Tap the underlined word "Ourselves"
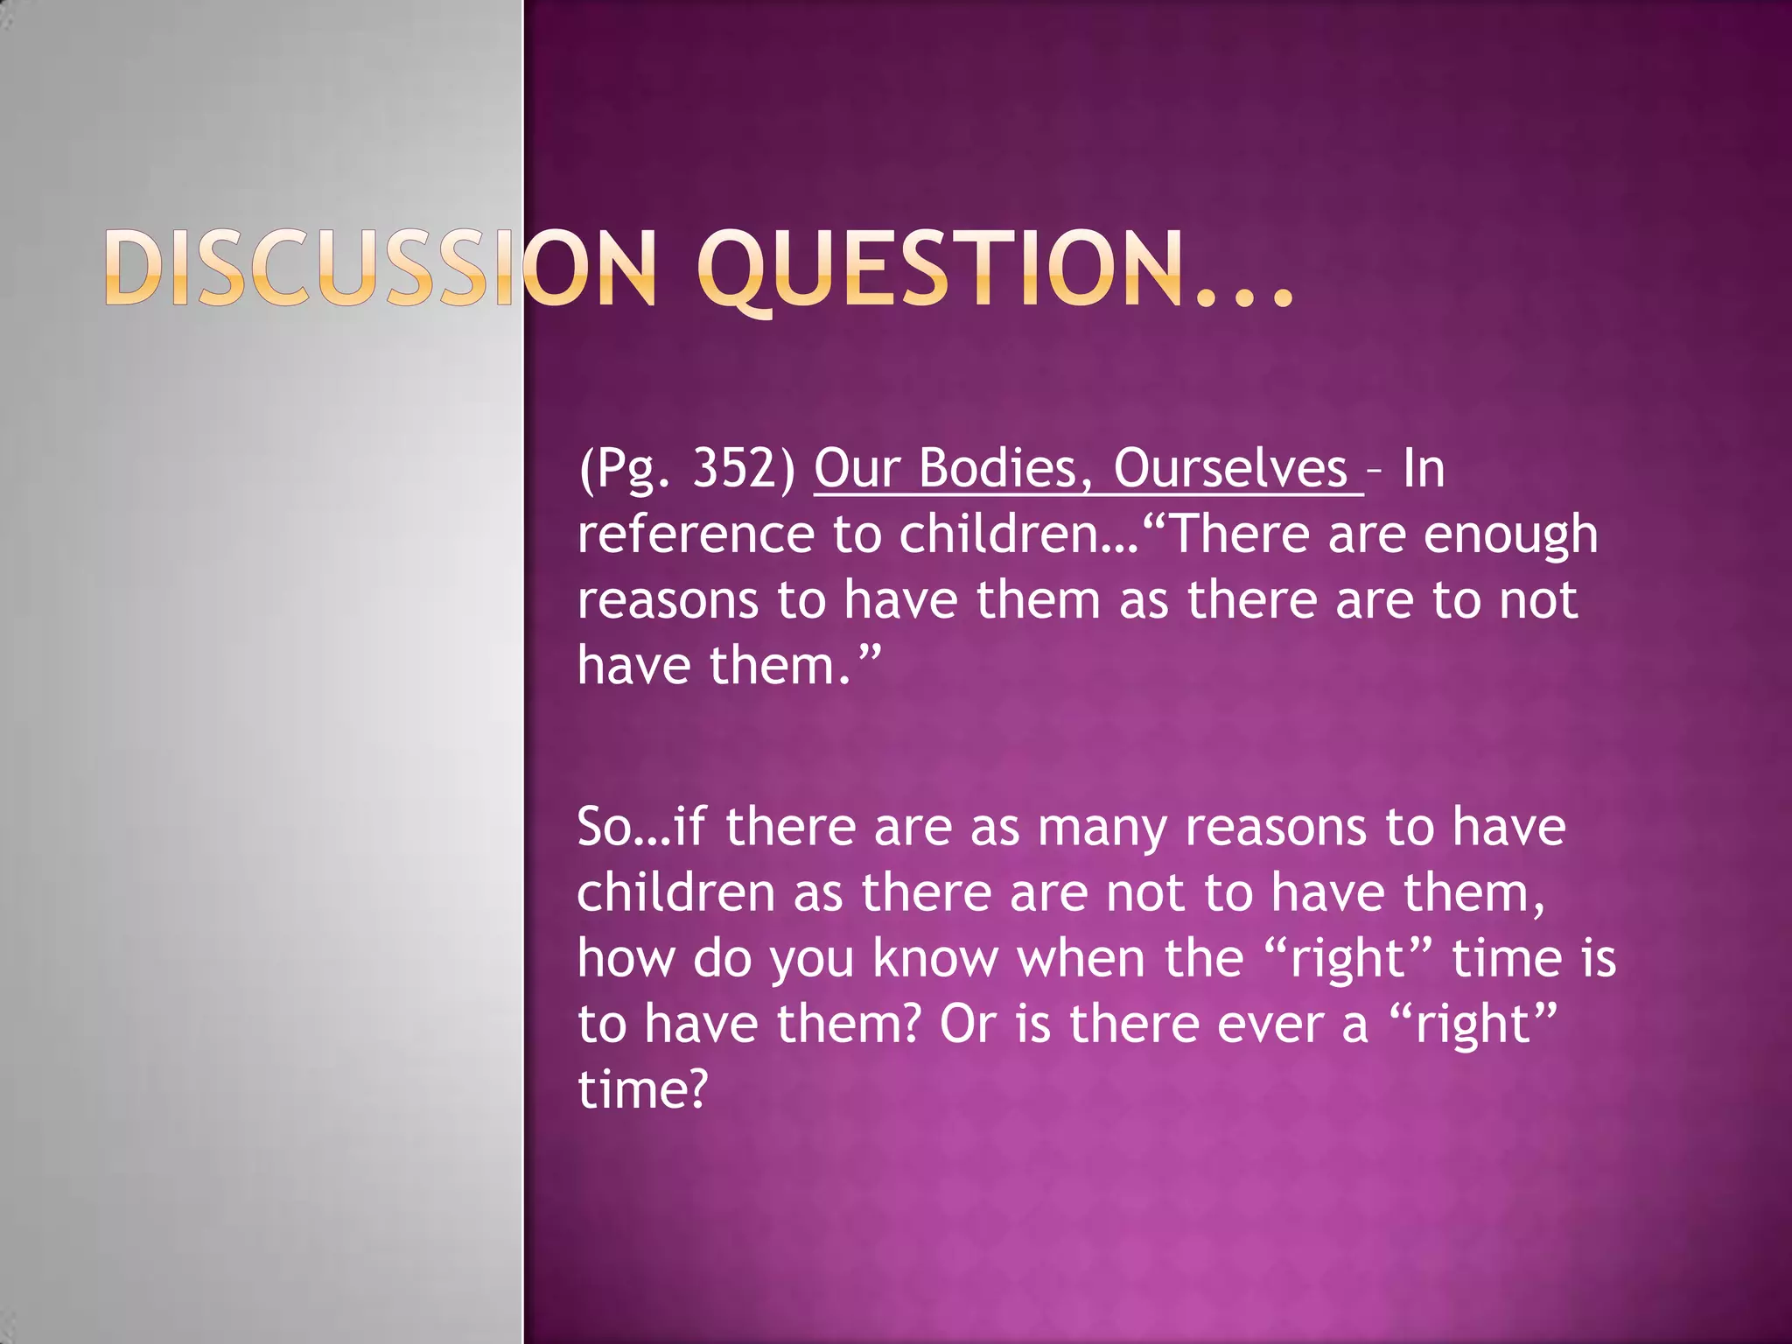coord(1230,468)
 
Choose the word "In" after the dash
coord(1424,468)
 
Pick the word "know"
coord(935,958)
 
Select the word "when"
coord(1081,958)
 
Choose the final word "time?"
coord(642,1089)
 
